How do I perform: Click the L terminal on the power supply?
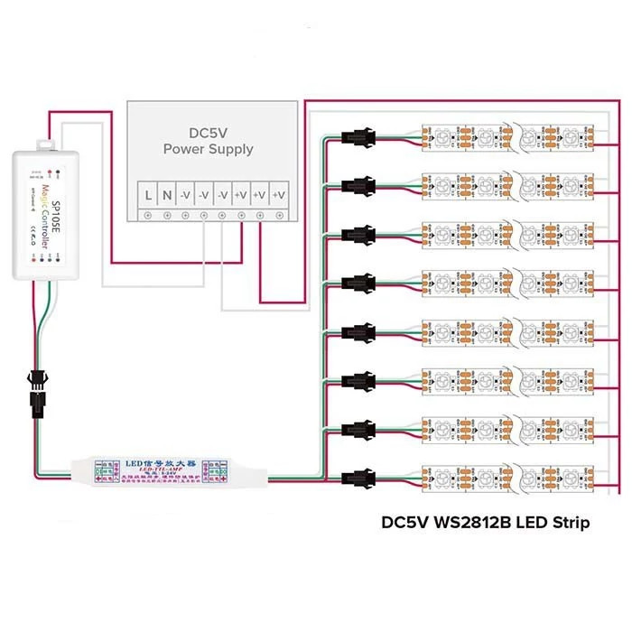click(x=147, y=193)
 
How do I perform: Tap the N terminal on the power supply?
click(x=166, y=193)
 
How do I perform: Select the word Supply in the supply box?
click(x=229, y=149)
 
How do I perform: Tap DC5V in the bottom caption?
click(x=404, y=523)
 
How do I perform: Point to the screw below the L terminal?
click(x=147, y=215)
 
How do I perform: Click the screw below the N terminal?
click(x=166, y=215)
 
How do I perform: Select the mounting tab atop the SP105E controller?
click(x=44, y=143)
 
